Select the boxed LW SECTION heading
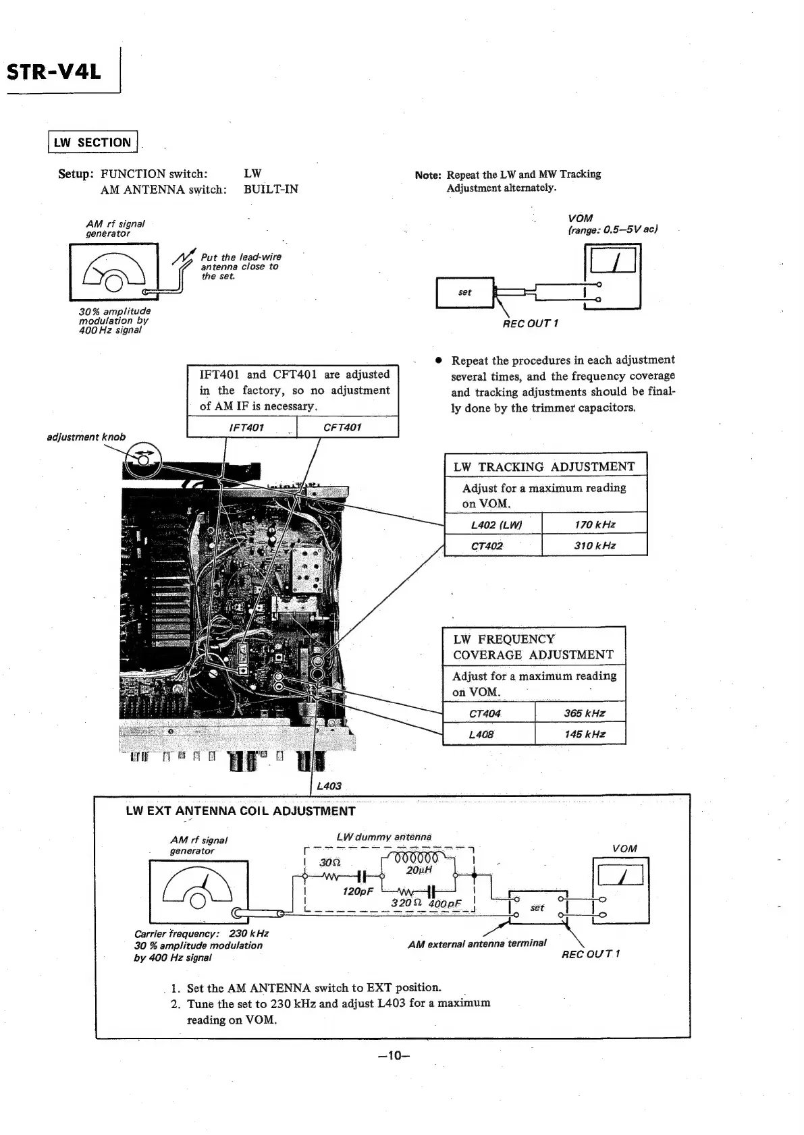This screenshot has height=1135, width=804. click(x=92, y=142)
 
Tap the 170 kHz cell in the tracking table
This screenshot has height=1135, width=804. click(x=594, y=524)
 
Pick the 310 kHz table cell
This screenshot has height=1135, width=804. click(x=594, y=545)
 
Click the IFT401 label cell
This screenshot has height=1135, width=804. click(x=246, y=427)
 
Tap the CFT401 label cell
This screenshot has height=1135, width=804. click(x=342, y=427)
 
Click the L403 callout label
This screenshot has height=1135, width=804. click(x=329, y=786)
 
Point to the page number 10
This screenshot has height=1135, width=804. click(x=394, y=1055)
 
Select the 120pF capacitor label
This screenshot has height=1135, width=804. click(x=358, y=891)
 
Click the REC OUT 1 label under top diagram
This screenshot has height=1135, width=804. click(x=530, y=323)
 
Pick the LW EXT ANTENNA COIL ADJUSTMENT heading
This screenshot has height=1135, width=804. click(x=240, y=811)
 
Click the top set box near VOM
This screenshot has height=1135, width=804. click(x=465, y=292)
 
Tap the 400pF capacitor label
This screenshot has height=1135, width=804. click(x=446, y=904)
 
